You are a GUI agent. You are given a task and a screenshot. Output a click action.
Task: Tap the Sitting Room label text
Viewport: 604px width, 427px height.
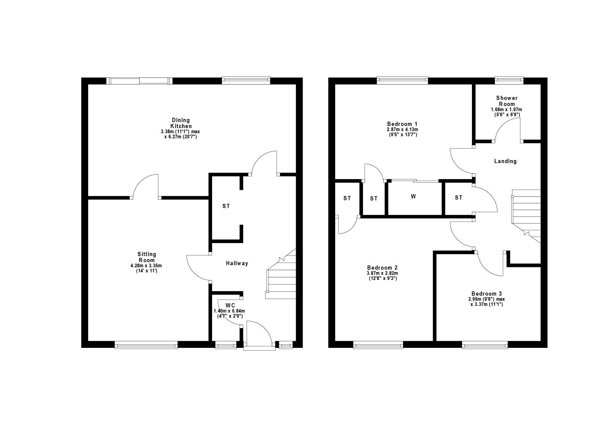pos(147,257)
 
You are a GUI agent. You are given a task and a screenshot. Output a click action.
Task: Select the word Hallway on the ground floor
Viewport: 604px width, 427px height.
pos(237,263)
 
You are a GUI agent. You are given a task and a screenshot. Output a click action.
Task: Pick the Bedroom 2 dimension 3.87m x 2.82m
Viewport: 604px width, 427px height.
pos(382,273)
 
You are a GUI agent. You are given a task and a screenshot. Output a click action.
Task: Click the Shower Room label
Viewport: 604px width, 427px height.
pos(507,101)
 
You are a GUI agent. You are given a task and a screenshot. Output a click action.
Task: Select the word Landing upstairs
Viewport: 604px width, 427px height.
pos(505,161)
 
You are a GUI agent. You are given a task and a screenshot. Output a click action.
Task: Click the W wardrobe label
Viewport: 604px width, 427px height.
pos(413,197)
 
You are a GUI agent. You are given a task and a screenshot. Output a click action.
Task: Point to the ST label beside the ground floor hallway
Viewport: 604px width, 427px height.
pos(226,206)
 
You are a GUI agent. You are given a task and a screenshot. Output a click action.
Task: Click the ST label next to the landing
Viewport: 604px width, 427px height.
pos(459,198)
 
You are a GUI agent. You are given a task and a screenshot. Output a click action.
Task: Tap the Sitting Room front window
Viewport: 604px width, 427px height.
pos(146,345)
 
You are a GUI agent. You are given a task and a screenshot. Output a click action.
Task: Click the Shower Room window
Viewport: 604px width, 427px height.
pos(509,80)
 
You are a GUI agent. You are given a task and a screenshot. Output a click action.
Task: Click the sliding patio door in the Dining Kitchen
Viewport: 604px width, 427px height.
pos(140,81)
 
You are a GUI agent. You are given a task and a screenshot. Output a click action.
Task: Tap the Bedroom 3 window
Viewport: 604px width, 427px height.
pos(485,345)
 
